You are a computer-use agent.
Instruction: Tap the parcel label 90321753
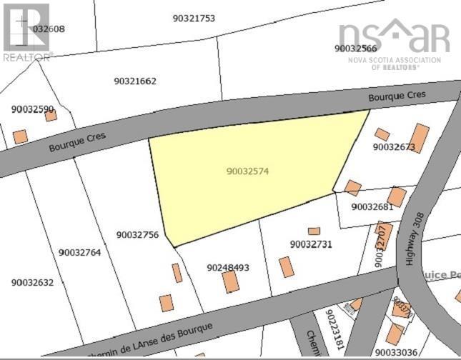[x=194, y=18]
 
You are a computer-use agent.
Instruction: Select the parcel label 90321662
[x=135, y=81]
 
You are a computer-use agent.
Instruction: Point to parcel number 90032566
[x=355, y=49]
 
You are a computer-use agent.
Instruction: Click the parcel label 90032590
[x=33, y=109]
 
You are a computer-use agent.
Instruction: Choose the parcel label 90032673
[x=394, y=147]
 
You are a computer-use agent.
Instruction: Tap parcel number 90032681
[x=372, y=206]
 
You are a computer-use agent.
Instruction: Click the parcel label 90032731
[x=311, y=244]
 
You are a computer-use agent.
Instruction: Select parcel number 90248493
[x=228, y=267]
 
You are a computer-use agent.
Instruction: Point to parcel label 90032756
[x=137, y=234]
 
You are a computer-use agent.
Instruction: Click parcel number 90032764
[x=80, y=252]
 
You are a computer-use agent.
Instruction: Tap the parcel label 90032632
[x=32, y=282]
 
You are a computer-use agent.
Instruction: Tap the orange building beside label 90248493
[x=230, y=281]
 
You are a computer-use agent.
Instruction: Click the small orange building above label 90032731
[x=314, y=231]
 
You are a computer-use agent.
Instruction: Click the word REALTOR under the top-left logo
[x=26, y=56]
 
